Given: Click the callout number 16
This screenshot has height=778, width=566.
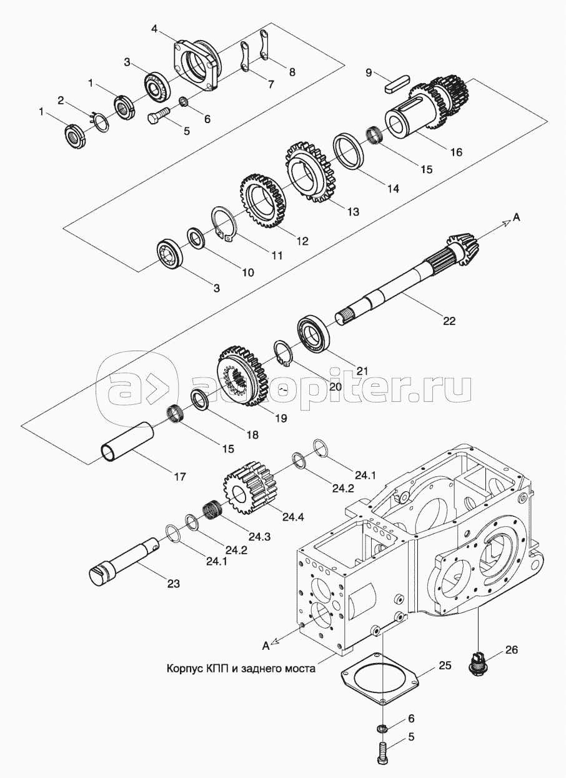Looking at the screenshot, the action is point(456,152).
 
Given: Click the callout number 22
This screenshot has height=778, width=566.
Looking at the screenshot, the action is point(449,321).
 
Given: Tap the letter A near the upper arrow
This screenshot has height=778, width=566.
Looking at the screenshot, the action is point(517,217).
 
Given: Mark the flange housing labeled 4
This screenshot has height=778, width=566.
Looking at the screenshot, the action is point(197,66).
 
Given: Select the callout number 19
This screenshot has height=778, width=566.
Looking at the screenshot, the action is point(281,419).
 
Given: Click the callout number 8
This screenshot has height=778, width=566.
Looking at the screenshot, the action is point(292,72).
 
